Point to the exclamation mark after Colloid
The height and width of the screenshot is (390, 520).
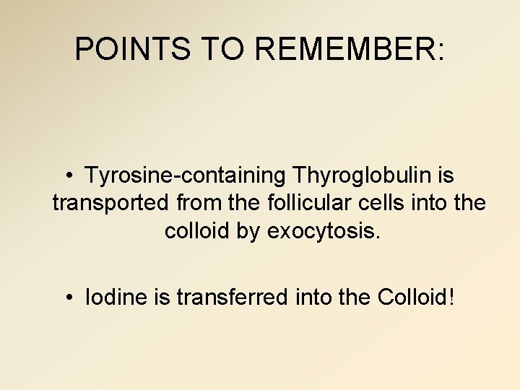(452, 297)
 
